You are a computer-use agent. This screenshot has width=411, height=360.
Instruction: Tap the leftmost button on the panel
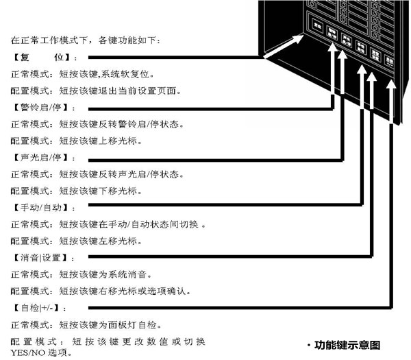point(317,25)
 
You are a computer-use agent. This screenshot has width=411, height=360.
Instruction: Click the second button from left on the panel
point(332,32)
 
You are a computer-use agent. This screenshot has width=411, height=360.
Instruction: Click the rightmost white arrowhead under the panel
point(390,85)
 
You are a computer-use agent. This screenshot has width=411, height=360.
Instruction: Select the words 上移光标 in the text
point(122,141)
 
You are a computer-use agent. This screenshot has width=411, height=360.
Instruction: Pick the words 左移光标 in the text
point(122,241)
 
